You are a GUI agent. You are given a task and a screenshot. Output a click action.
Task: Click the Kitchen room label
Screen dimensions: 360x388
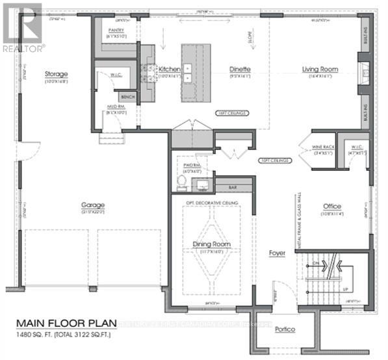tap(170, 69)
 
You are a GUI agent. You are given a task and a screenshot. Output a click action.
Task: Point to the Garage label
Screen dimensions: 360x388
tap(93, 205)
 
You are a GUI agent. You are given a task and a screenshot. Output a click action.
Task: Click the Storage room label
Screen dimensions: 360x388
tap(56, 75)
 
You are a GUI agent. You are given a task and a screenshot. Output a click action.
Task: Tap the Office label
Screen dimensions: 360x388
tap(332, 207)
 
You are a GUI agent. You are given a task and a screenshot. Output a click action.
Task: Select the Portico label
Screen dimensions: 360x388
tap(284, 329)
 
